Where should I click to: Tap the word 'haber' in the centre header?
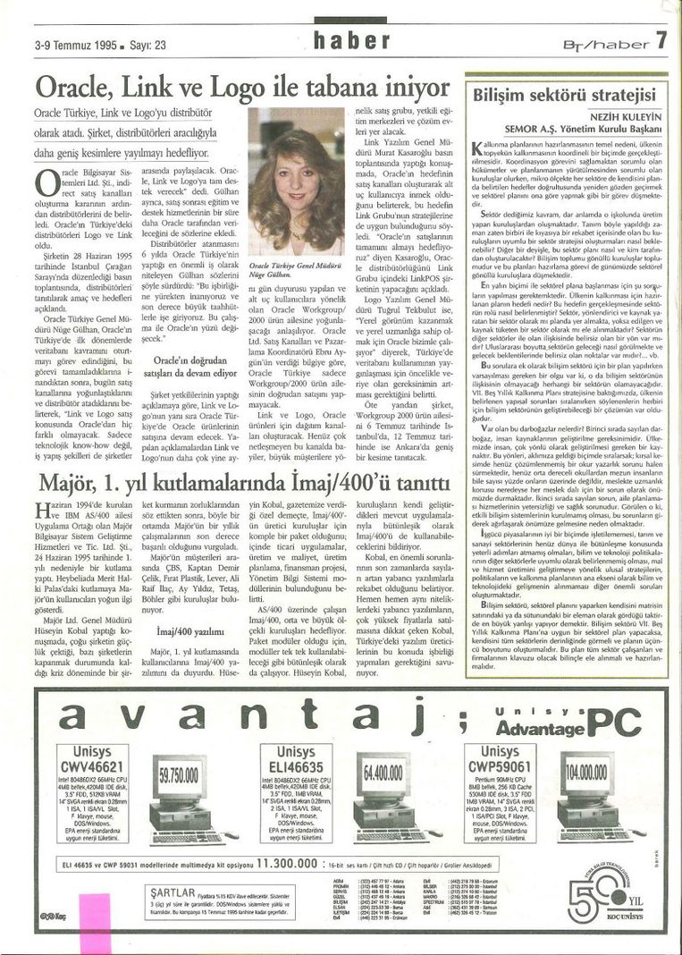[354, 39]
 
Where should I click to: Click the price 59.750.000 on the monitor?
[180, 771]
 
